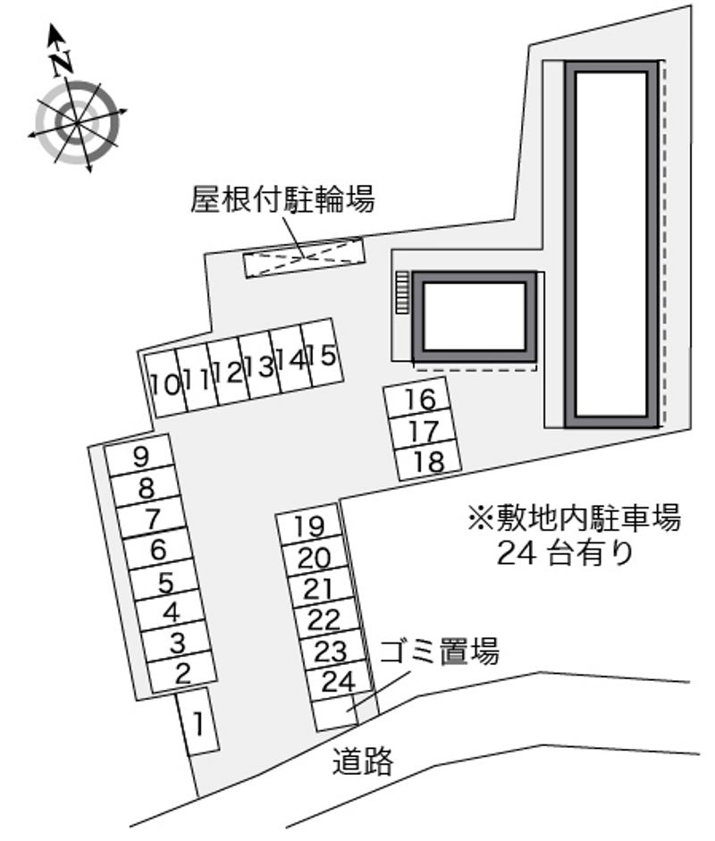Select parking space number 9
139,456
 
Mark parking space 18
429,461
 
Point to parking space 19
309,526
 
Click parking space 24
338,682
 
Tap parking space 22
324,619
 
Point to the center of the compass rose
77,122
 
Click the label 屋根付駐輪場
282,199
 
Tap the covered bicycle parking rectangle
305,257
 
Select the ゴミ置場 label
440,652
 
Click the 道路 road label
363,761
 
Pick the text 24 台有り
566,552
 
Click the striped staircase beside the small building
402,292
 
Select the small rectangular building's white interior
475,316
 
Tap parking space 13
260,366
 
